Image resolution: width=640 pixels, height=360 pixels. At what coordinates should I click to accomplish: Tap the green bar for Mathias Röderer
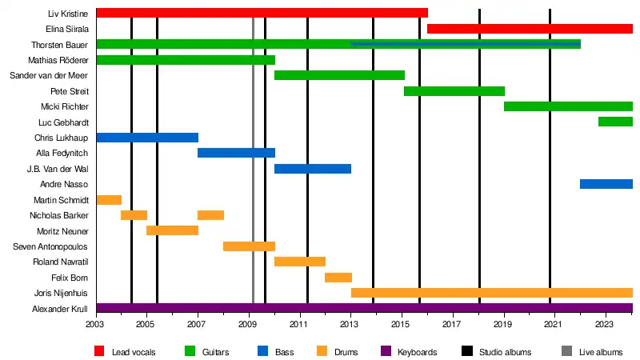point(185,60)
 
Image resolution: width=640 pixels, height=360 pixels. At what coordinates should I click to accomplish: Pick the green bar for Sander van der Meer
point(339,75)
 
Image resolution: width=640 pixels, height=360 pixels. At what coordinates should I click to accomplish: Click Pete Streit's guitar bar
point(454,91)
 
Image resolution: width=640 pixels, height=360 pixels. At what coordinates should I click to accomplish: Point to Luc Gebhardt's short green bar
point(615,122)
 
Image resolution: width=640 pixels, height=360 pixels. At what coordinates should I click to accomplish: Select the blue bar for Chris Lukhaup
point(146,138)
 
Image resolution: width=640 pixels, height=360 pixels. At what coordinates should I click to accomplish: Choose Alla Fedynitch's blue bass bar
point(236,153)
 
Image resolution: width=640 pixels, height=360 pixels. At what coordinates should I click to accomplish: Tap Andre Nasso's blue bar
point(606,184)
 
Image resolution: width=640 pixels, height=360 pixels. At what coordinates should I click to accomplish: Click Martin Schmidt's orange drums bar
point(109,199)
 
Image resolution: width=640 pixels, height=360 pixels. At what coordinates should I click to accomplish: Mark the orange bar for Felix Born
point(338,278)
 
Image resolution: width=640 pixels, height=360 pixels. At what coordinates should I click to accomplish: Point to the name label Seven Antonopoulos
point(51,246)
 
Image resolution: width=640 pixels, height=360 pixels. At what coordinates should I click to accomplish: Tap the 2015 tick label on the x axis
point(401,325)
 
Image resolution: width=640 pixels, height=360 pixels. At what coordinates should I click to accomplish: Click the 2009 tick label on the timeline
point(248,325)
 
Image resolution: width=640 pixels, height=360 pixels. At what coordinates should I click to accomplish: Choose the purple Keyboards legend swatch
point(384,351)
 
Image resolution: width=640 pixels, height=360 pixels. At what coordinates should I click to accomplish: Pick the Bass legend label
point(284,351)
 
